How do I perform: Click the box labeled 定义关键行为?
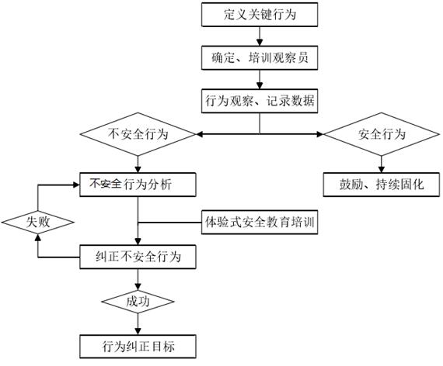tap(259, 15)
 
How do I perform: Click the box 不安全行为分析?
tap(138, 185)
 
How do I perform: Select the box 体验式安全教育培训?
tap(258, 223)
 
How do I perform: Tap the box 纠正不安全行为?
tap(138, 255)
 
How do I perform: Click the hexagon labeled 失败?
tap(38, 222)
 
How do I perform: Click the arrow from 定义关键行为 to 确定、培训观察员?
tap(259, 36)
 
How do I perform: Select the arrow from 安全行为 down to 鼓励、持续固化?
tap(381, 163)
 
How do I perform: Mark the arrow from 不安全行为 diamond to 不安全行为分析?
tap(138, 163)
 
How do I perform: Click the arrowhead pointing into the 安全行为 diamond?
tap(319, 135)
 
